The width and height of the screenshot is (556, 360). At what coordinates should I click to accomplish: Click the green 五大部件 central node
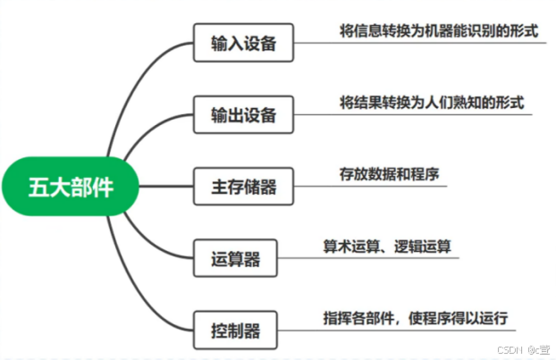coord(72,186)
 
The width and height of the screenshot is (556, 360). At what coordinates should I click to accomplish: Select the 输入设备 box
coord(243,43)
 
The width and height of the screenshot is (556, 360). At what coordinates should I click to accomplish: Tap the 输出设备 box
coord(243,115)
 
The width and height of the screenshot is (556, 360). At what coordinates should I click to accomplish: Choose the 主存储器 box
coord(243,187)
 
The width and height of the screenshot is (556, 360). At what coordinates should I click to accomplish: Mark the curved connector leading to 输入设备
coord(134,80)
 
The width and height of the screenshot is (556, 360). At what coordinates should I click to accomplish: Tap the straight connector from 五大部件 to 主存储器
coord(165,187)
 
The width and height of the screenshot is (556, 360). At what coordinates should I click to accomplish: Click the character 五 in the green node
coord(40,186)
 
